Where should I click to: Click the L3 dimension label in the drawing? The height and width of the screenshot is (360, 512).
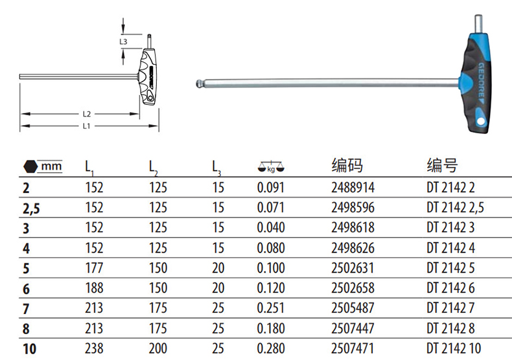point(123,41)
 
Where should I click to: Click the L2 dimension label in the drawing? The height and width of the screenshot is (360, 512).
point(87,114)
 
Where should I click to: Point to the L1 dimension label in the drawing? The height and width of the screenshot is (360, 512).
point(87,126)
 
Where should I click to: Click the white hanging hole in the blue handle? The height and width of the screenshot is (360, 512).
point(481,121)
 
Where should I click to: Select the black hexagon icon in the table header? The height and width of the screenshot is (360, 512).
point(30,166)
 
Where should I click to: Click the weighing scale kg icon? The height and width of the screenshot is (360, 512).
point(271,167)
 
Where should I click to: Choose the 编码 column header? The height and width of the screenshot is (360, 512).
point(347,165)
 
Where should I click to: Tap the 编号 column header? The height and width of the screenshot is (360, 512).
point(442,165)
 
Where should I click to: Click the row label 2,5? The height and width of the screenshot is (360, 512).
point(31,208)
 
